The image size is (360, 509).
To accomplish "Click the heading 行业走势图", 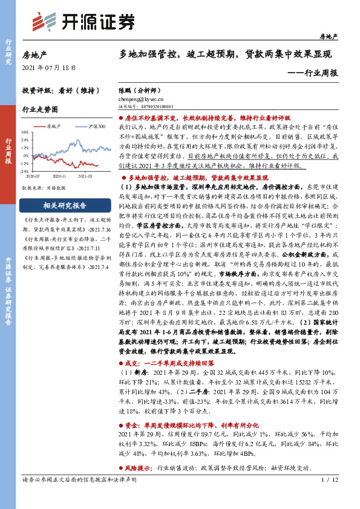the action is pyautogui.click(x=40, y=110).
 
